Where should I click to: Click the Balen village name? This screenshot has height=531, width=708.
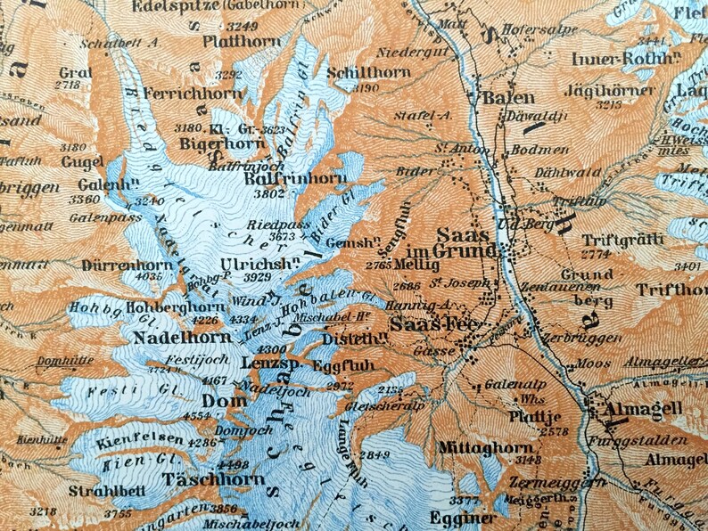[508, 98]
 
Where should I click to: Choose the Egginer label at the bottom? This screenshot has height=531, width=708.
[461, 518]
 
